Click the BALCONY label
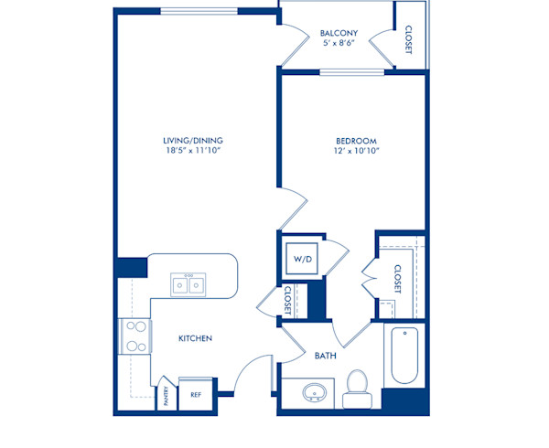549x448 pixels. pyautogui.click(x=339, y=35)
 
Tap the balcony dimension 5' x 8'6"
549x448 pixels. pyautogui.click(x=339, y=46)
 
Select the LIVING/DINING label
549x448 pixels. pyautogui.click(x=193, y=140)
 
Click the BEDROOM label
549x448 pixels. pyautogui.click(x=352, y=140)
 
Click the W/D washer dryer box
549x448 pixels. pyautogui.click(x=303, y=259)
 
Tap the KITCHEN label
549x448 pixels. pyautogui.click(x=195, y=338)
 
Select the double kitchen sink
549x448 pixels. pyautogui.click(x=189, y=285)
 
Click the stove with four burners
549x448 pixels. pyautogui.click(x=135, y=336)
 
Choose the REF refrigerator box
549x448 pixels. pyautogui.click(x=195, y=394)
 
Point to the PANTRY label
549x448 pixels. pyautogui.click(x=167, y=394)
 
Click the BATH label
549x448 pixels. pyautogui.click(x=325, y=355)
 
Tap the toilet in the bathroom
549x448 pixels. pyautogui.click(x=357, y=387)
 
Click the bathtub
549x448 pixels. pyautogui.click(x=404, y=356)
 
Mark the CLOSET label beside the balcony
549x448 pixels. pyautogui.click(x=408, y=38)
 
